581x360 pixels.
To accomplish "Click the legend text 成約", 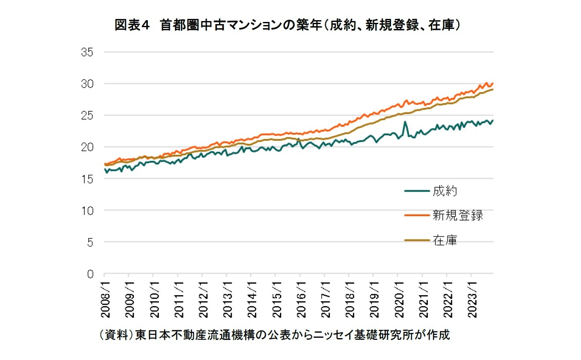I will tap(445, 191).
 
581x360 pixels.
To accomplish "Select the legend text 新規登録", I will tap(458, 215).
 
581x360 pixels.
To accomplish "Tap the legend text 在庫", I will tap(445, 240).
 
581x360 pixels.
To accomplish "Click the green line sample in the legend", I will tap(417, 191).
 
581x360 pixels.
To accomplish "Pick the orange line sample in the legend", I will tap(417, 215).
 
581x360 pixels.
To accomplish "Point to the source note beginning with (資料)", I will tap(275, 335).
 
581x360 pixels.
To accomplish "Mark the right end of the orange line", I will tap(493, 83).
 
